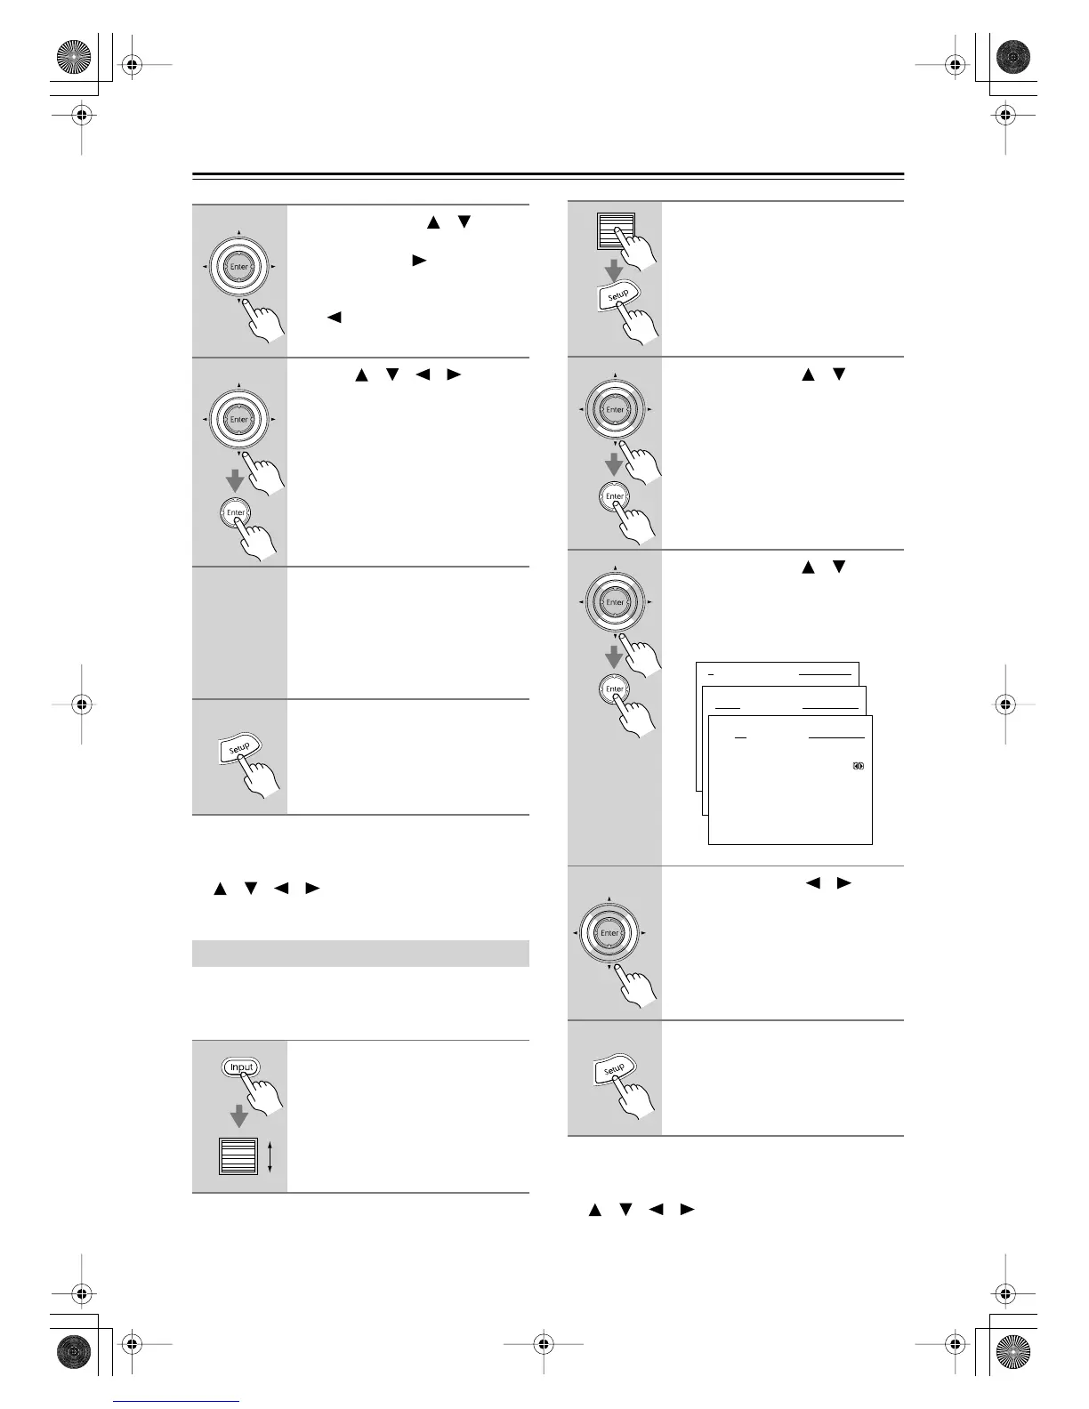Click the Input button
tap(241, 1067)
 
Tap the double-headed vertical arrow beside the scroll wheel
tap(270, 1156)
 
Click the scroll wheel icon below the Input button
tap(238, 1156)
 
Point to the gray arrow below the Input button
tap(238, 1115)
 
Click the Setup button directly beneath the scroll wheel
tap(617, 294)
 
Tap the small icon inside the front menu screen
tap(859, 766)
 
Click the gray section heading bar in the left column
tap(360, 953)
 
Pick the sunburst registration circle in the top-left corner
tap(74, 59)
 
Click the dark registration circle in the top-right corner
tap(1012, 59)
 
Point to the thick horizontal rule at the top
tap(547, 174)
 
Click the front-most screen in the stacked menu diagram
tap(790, 792)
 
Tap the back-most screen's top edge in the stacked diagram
tap(777, 663)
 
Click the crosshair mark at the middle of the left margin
tap(81, 704)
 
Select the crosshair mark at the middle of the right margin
tap(1005, 704)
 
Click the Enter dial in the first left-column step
tap(238, 267)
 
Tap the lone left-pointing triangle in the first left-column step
tap(335, 317)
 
